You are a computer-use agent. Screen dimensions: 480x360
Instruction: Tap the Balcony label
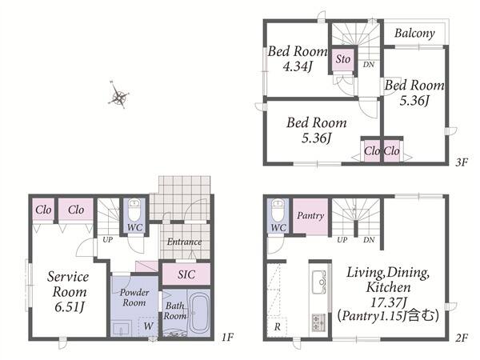pyautogui.click(x=414, y=33)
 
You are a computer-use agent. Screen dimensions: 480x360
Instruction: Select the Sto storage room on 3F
pyautogui.click(x=343, y=59)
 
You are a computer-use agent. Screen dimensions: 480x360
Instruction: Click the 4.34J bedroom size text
pyautogui.click(x=298, y=66)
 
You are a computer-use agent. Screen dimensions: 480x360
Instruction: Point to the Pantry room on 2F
pyautogui.click(x=310, y=217)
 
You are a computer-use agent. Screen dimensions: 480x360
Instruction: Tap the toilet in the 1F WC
pyautogui.click(x=134, y=210)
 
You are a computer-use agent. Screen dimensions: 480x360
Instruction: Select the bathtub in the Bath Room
pyautogui.click(x=199, y=313)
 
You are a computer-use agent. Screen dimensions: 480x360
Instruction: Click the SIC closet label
pyautogui.click(x=186, y=274)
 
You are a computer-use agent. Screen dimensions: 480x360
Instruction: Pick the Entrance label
pyautogui.click(x=184, y=242)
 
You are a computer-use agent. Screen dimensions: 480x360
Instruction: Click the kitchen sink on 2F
pyautogui.click(x=320, y=282)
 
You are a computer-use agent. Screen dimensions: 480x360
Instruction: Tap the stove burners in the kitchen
pyautogui.click(x=319, y=322)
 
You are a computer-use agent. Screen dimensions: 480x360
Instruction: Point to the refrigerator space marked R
pyautogui.click(x=277, y=327)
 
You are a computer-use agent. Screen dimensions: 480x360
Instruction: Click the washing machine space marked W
pyautogui.click(x=148, y=326)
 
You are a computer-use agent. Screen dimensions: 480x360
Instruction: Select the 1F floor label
pyautogui.click(x=227, y=338)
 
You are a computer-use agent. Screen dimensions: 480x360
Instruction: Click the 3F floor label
pyautogui.click(x=462, y=162)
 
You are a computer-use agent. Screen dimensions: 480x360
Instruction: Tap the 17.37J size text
pyautogui.click(x=388, y=302)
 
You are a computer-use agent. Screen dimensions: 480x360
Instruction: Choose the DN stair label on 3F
pyautogui.click(x=369, y=65)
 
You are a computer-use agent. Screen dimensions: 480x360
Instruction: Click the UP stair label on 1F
pyautogui.click(x=107, y=240)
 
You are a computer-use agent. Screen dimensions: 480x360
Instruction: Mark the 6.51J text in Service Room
pyautogui.click(x=69, y=306)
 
